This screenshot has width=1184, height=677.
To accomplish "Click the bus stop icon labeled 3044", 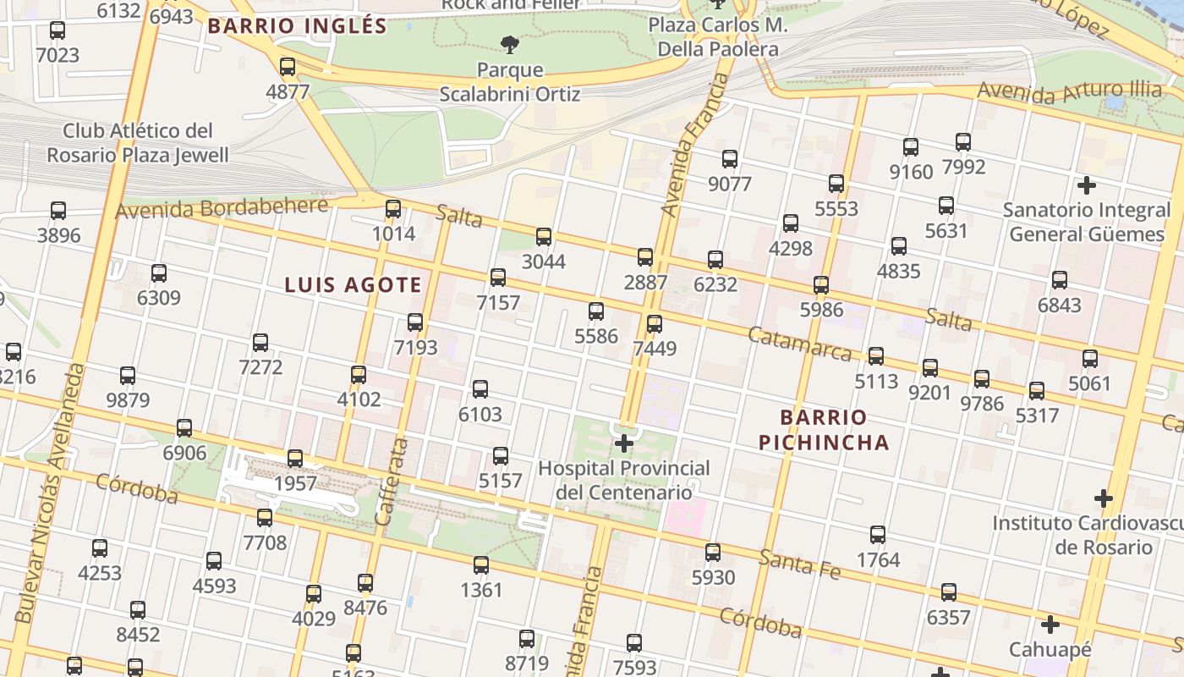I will tap(544, 237).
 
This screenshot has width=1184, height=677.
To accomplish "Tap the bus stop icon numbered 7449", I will tap(654, 324).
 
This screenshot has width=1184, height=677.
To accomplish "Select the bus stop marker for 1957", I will tap(294, 459).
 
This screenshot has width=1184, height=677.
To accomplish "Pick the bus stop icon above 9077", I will tap(729, 159).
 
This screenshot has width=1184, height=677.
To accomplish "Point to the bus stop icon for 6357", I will tap(948, 592).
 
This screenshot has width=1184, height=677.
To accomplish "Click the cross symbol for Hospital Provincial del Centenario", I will tap(624, 443).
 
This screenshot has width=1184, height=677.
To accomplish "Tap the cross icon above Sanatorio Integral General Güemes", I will tap(1087, 184).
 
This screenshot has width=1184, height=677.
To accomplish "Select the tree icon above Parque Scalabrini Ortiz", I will tap(509, 44).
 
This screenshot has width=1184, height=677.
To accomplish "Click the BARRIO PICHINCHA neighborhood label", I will tap(824, 430).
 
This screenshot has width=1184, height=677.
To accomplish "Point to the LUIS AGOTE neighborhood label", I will tap(353, 285).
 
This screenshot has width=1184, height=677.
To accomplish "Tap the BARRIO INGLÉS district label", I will tap(297, 26).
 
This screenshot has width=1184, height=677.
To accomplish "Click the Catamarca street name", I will tap(800, 343).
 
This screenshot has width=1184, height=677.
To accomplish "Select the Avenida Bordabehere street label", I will tap(222, 207).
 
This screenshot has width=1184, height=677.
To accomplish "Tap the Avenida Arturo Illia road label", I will tap(1069, 91).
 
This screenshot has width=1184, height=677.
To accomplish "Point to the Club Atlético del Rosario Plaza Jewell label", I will tap(137, 143).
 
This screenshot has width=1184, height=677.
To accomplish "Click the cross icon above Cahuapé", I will tap(1050, 625).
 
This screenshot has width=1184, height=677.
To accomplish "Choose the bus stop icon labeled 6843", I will tap(1059, 280).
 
